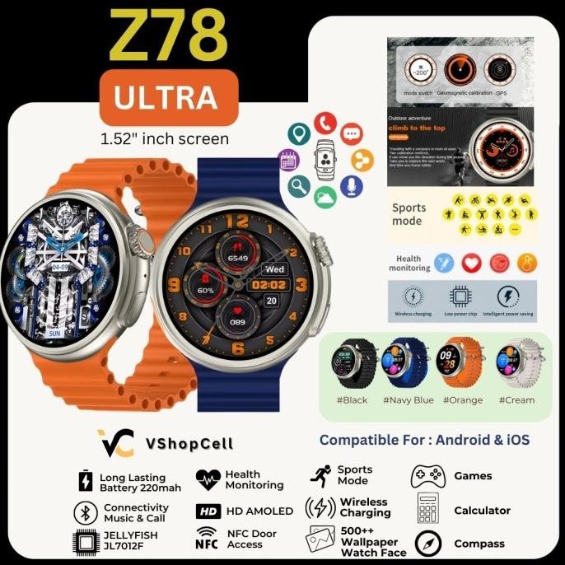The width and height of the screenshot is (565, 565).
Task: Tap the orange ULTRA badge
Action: point(166,97)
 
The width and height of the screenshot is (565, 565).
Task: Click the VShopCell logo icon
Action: point(114,443)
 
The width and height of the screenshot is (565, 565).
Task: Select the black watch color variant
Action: point(355,362)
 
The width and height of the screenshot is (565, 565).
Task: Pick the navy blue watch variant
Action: point(409,362)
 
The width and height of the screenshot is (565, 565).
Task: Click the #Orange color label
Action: point(463,400)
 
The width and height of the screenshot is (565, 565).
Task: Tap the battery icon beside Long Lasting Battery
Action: point(85,481)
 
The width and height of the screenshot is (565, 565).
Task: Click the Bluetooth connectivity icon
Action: point(85,511)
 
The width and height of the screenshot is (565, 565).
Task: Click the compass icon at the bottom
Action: point(428,544)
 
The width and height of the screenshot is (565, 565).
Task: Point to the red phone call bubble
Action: point(324,124)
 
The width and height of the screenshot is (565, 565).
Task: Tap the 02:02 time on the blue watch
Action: point(269,285)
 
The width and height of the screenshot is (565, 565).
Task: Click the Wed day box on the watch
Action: point(273,268)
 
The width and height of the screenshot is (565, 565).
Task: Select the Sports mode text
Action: point(409,215)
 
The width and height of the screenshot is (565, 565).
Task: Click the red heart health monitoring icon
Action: point(470,263)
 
